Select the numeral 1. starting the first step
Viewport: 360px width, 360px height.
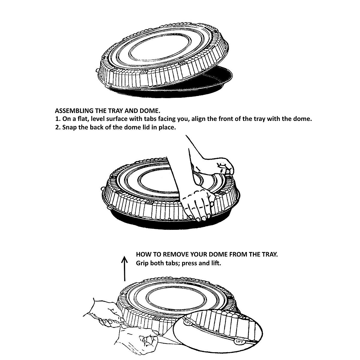[58, 119]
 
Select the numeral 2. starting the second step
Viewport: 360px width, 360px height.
[58, 127]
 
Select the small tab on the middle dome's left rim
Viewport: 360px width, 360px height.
[102, 189]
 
